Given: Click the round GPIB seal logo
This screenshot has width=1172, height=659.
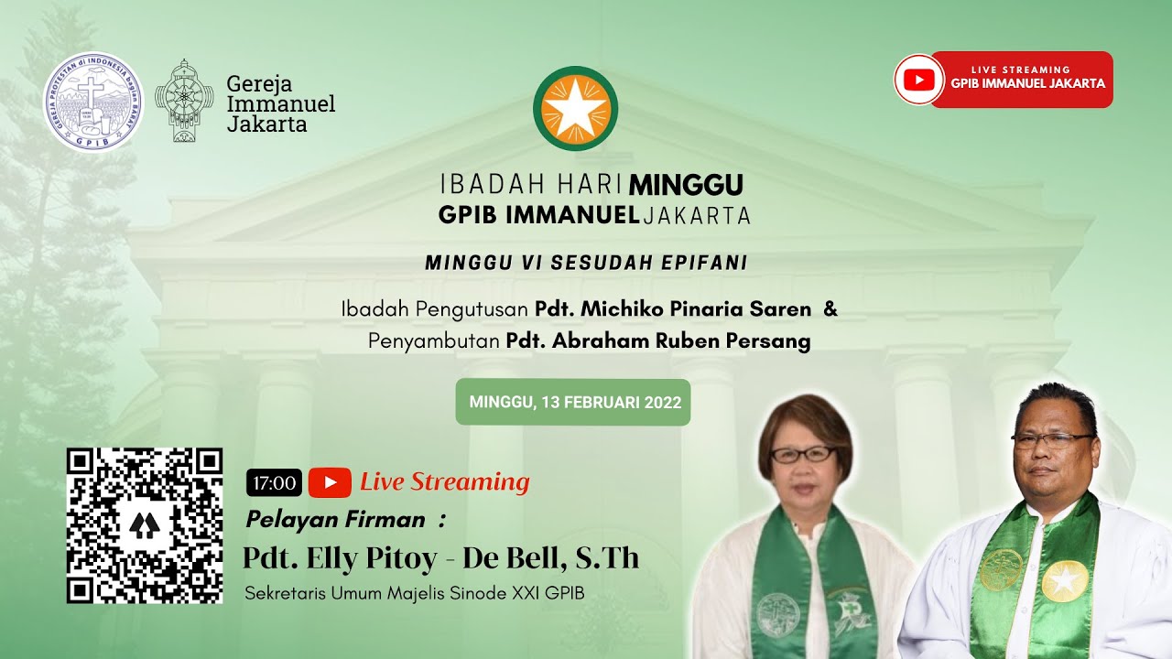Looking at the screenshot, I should [93, 102].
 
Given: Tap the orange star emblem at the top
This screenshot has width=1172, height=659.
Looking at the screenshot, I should [576, 109].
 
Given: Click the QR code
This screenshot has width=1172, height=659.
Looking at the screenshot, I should [145, 525].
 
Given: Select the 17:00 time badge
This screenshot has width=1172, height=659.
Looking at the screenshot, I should [274, 482].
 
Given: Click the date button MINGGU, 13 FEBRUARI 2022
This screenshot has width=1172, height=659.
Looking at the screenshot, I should [574, 403].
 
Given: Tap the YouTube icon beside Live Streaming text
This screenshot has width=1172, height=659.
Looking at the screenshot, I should [330, 482].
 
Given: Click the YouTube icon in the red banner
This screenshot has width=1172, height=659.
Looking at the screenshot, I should [918, 80].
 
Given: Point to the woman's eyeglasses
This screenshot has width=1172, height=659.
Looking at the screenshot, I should [803, 454].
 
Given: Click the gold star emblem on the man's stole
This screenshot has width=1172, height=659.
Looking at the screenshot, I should [1065, 580].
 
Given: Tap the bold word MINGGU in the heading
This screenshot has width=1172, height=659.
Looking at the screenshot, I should [686, 185].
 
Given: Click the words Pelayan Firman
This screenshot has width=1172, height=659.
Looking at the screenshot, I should [335, 520].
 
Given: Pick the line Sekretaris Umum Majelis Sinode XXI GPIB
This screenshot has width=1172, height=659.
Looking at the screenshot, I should [414, 593].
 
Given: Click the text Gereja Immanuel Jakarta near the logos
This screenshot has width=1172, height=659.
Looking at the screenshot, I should [280, 103].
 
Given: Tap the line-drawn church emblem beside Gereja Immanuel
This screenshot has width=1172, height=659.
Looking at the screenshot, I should [184, 101].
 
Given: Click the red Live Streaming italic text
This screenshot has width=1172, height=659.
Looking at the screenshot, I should [444, 481].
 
